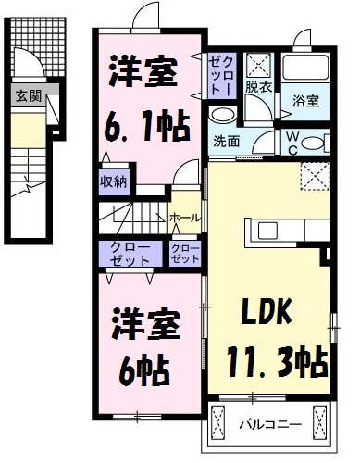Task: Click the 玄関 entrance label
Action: (x=23, y=94)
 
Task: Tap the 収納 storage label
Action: (x=113, y=181)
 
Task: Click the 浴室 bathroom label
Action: (x=304, y=101)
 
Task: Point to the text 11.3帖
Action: (x=274, y=360)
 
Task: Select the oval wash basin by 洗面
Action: (x=223, y=115)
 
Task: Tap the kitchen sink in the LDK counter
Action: (x=269, y=230)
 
